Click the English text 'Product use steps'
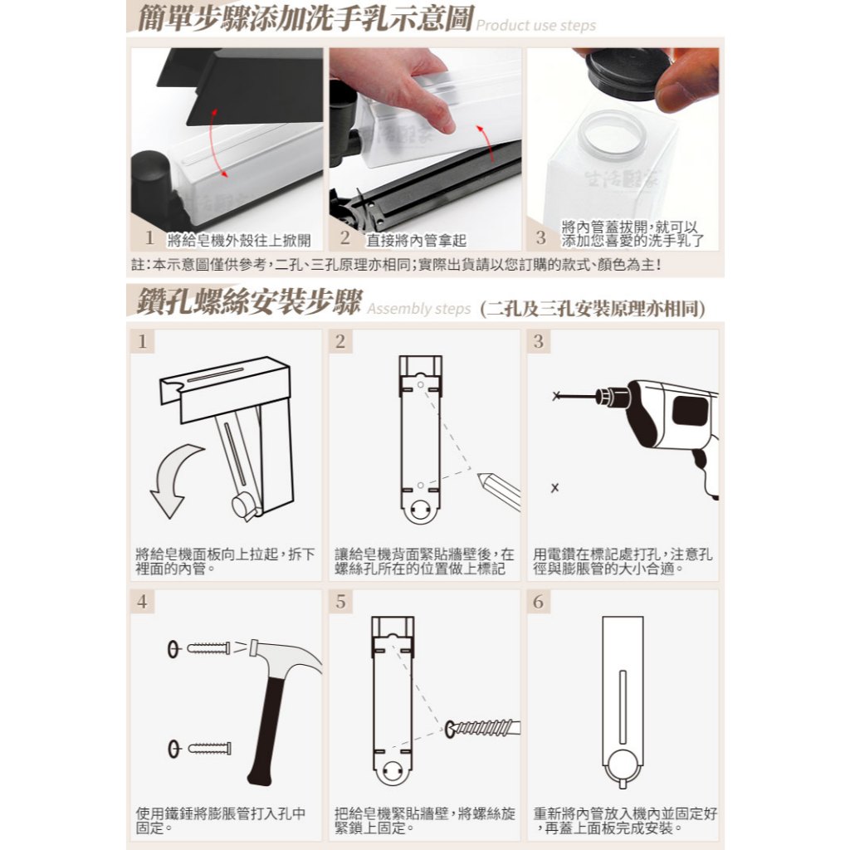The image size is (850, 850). pyautogui.click(x=535, y=26)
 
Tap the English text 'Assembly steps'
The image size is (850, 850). pyautogui.click(x=419, y=309)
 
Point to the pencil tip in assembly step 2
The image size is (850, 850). pyautogui.click(x=481, y=476)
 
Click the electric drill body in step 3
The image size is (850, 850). pyautogui.click(x=672, y=428)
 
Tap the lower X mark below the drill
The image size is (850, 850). pyautogui.click(x=554, y=488)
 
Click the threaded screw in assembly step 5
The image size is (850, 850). pyautogui.click(x=482, y=728)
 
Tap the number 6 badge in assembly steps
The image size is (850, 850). pyautogui.click(x=538, y=601)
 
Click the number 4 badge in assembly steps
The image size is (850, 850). pyautogui.click(x=142, y=601)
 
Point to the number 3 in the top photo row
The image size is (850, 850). pyautogui.click(x=540, y=237)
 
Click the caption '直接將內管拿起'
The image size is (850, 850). pyautogui.click(x=416, y=240)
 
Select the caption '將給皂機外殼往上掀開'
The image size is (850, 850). pyautogui.click(x=238, y=240)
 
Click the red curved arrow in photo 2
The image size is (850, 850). pyautogui.click(x=486, y=143)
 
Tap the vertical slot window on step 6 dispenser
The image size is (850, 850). pyautogui.click(x=623, y=707)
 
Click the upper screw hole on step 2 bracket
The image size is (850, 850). pyautogui.click(x=421, y=384)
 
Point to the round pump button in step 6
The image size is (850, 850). pyautogui.click(x=623, y=767)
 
